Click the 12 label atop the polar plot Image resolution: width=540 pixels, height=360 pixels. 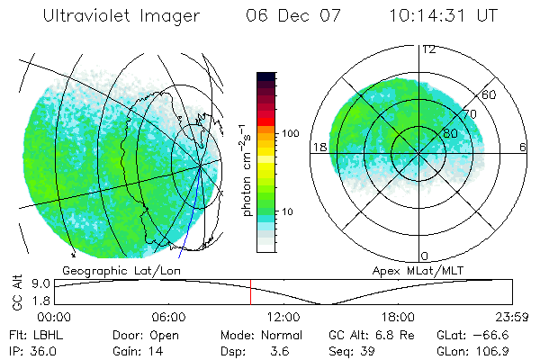428,49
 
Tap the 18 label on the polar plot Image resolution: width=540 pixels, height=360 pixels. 319,147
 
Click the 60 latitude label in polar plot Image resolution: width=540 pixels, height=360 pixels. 490,94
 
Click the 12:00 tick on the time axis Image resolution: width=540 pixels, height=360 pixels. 283,317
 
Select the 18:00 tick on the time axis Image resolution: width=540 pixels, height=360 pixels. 398,317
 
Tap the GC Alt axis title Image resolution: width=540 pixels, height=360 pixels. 17,293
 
